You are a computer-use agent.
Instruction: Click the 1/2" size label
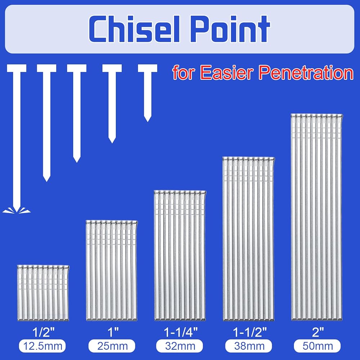pos(44,332)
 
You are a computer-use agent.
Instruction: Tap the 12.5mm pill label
pos(42,346)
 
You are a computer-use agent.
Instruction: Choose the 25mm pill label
pos(112,346)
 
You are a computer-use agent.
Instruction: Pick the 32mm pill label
pos(180,346)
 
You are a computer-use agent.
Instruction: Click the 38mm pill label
pos(249,346)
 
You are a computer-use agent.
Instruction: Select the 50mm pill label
pos(317,346)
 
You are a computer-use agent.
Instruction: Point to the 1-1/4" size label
pos(181,332)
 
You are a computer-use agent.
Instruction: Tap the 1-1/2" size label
pos(250,332)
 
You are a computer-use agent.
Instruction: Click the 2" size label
pos(318,332)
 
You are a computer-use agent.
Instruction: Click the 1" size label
pos(113,332)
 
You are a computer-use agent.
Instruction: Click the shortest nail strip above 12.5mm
pos(43,293)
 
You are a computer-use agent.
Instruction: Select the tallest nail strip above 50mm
pos(317,217)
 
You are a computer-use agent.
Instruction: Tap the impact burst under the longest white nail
pos(17,210)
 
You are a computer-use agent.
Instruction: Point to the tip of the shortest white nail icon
pos(147,121)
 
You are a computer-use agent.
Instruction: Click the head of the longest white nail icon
pos(17,68)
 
